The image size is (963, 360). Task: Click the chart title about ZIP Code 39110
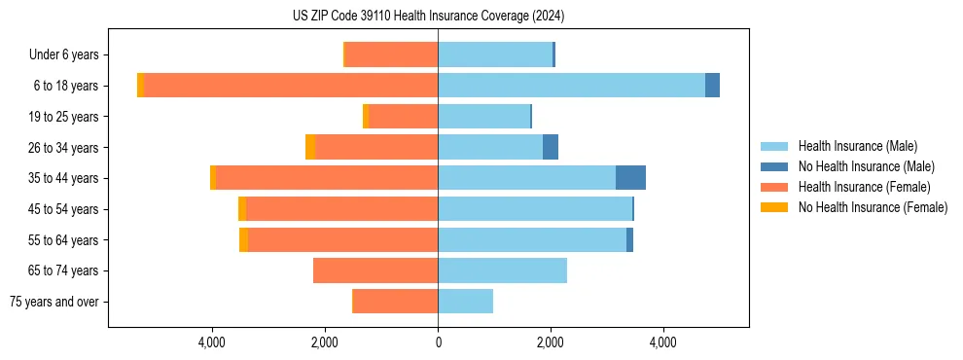point(428,17)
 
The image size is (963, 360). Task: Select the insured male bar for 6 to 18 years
point(571,86)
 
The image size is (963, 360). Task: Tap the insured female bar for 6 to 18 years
point(290,86)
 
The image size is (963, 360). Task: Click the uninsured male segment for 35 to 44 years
point(630,178)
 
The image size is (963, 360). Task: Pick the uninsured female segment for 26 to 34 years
point(310,147)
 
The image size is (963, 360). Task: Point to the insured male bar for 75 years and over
point(465,302)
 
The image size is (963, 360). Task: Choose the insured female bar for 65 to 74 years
point(375,270)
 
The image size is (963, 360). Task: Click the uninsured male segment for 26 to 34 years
point(551,147)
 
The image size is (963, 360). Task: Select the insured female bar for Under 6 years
point(391,54)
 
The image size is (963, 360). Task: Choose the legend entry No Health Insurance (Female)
point(873,207)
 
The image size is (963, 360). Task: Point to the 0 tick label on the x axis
point(438,342)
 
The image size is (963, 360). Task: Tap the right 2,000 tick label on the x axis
point(551,342)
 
